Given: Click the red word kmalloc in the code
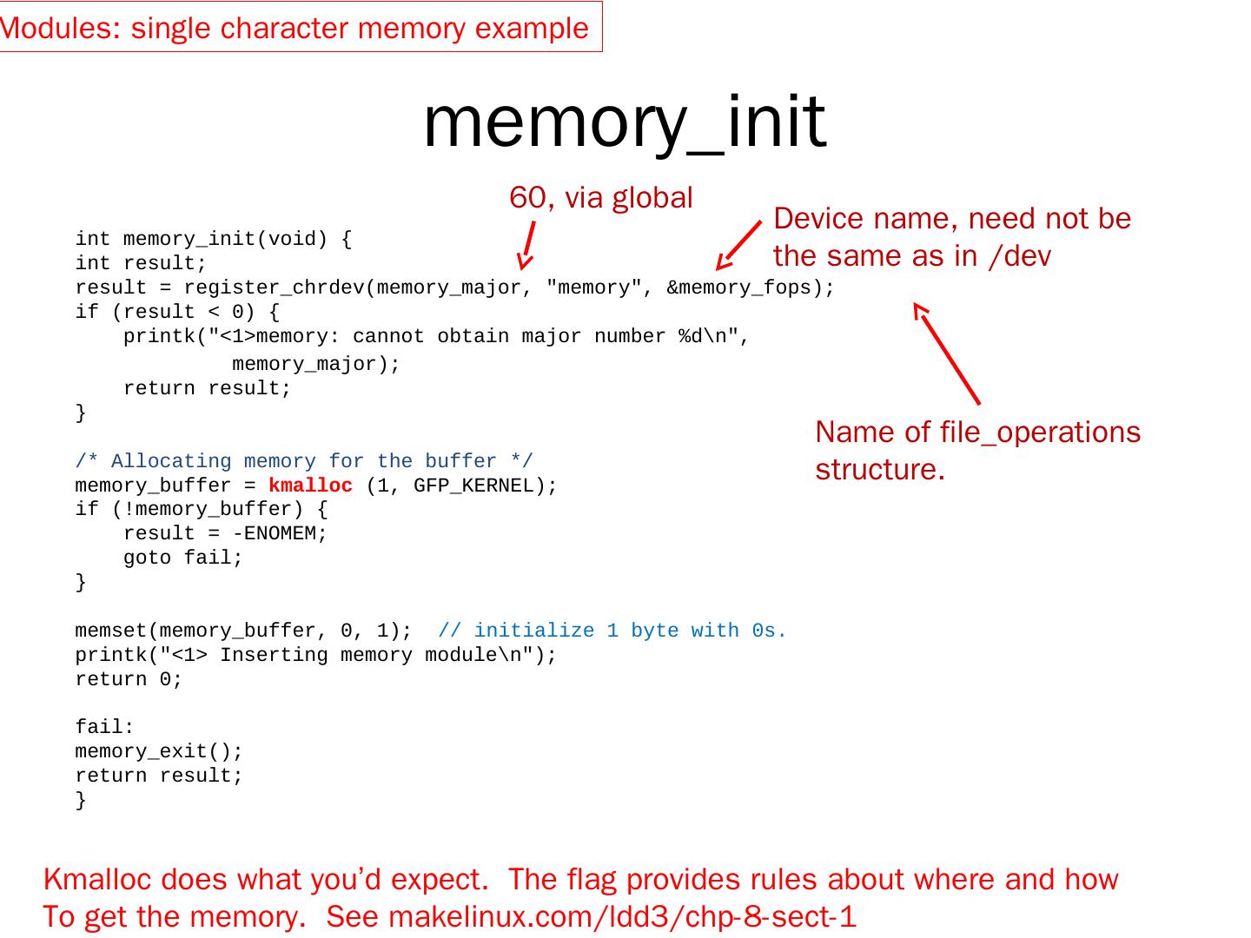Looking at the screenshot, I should (x=310, y=486).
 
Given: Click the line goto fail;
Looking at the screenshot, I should (x=183, y=558).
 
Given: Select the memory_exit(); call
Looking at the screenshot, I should (x=159, y=751).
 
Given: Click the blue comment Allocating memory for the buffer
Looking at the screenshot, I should (x=304, y=461).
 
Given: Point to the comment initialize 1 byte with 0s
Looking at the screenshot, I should (x=612, y=631).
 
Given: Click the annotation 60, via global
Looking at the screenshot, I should (x=600, y=198).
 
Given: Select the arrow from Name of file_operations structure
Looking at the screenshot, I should (x=947, y=353).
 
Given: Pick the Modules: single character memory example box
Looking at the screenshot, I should (x=295, y=28).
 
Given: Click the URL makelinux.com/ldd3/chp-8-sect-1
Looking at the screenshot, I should (x=622, y=916).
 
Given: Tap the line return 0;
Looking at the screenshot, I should (x=129, y=679).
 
